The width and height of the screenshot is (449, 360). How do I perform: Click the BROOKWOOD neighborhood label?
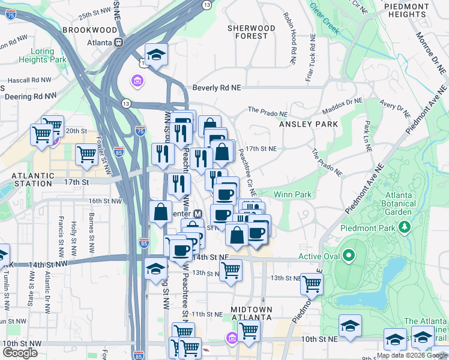point(89,29)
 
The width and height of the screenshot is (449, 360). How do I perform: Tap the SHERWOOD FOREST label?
point(252,32)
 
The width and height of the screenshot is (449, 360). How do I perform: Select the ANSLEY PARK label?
point(308,124)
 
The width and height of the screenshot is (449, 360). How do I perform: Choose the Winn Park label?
point(292,194)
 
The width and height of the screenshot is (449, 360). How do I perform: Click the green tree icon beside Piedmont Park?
point(405,228)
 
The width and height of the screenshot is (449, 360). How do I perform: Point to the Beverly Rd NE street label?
point(216,88)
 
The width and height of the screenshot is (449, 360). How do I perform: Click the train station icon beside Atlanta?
point(119,43)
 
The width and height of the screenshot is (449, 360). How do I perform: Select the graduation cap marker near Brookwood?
point(156,55)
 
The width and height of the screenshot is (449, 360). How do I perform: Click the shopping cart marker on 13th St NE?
point(312,283)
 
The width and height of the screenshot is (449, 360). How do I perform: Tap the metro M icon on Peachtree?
point(196,214)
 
